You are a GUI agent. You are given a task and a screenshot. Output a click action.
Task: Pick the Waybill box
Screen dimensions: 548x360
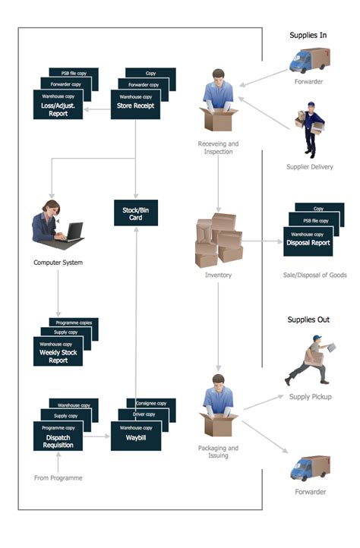point(135,438)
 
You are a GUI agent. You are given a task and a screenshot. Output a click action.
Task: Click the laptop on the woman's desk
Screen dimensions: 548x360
point(73,231)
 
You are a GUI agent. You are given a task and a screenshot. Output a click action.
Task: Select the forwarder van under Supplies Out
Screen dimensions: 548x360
point(309,468)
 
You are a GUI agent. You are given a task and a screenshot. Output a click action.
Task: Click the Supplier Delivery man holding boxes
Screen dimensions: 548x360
point(308,130)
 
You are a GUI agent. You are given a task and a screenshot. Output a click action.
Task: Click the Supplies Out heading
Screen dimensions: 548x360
point(308,320)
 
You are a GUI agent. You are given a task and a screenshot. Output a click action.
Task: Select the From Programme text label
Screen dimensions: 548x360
point(58,477)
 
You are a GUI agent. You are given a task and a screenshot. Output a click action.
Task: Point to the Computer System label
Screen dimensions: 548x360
point(58,263)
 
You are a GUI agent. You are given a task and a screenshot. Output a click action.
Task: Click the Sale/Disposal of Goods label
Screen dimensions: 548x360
point(314,275)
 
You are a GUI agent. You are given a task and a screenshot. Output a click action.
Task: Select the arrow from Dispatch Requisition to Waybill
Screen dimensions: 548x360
point(96,436)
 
